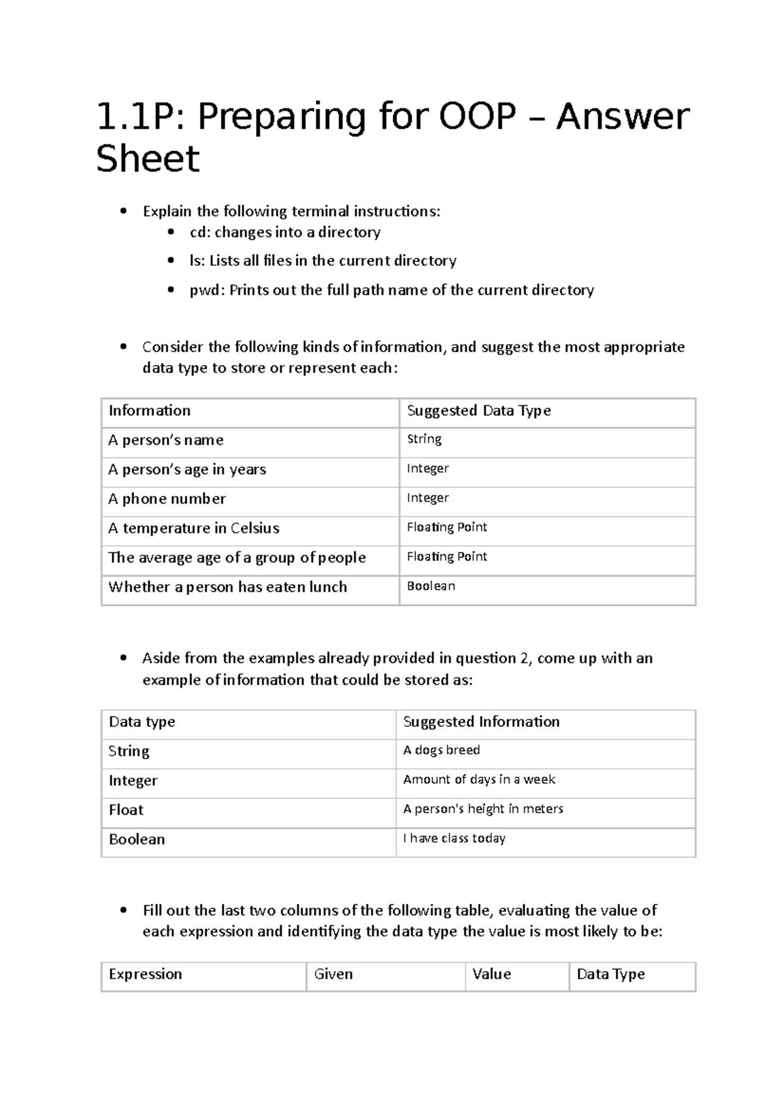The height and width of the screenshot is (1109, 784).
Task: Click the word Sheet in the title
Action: tap(148, 159)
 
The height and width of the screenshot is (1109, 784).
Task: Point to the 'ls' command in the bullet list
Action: tap(195, 261)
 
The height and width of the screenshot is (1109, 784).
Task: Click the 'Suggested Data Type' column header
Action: tap(478, 411)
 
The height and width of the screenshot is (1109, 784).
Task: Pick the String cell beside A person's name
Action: tap(424, 440)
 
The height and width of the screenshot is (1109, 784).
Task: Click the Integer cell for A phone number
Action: tap(427, 498)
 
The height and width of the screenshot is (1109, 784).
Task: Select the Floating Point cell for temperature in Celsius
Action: tap(447, 527)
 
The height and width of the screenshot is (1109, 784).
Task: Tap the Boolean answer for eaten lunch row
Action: tap(431, 586)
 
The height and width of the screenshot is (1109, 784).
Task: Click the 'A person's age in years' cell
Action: tap(187, 470)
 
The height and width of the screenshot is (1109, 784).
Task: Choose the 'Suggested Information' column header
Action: tap(481, 722)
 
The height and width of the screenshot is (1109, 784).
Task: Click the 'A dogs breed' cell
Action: tap(441, 750)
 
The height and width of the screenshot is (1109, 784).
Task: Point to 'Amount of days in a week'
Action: tap(479, 779)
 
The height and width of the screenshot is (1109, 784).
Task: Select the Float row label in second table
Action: tap(126, 810)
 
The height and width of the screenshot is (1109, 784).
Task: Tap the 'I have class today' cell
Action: tap(454, 838)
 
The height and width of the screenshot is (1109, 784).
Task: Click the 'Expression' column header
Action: tap(145, 974)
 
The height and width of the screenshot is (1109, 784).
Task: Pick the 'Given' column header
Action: tap(333, 974)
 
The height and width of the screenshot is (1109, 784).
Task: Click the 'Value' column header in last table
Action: tap(491, 974)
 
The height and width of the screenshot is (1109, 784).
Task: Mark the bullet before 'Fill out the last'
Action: tap(123, 910)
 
